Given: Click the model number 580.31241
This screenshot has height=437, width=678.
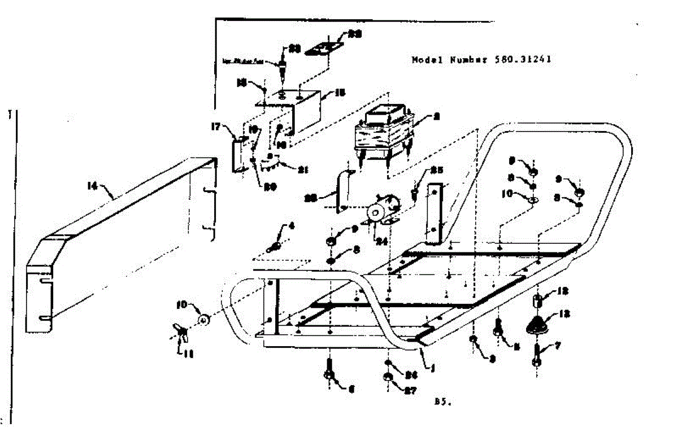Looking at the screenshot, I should click(x=523, y=59).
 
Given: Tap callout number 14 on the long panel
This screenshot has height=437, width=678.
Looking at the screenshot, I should click(x=92, y=185).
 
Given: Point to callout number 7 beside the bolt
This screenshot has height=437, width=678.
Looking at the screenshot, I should click(x=558, y=344).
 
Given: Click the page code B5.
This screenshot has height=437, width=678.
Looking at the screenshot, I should click(x=442, y=401).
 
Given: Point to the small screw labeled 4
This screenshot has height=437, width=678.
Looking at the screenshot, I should click(x=276, y=244).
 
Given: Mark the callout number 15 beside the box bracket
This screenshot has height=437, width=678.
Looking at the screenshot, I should click(x=341, y=91).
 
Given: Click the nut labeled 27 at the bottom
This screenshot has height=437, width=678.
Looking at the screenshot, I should click(x=388, y=377).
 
